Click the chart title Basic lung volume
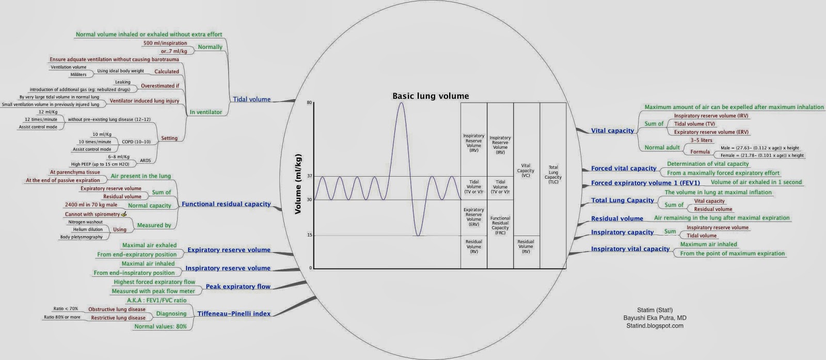(431, 96)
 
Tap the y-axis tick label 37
(309, 176)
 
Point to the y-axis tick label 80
(309, 103)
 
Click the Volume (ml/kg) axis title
(298, 184)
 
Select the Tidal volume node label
(251, 99)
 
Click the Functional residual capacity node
(226, 204)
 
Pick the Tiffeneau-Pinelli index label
(234, 314)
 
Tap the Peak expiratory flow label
(238, 286)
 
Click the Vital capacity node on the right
(612, 131)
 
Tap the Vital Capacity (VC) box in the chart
(526, 170)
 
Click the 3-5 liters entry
(701, 140)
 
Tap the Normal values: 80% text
(161, 326)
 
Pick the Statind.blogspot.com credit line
(654, 326)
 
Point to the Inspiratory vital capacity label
(630, 249)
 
